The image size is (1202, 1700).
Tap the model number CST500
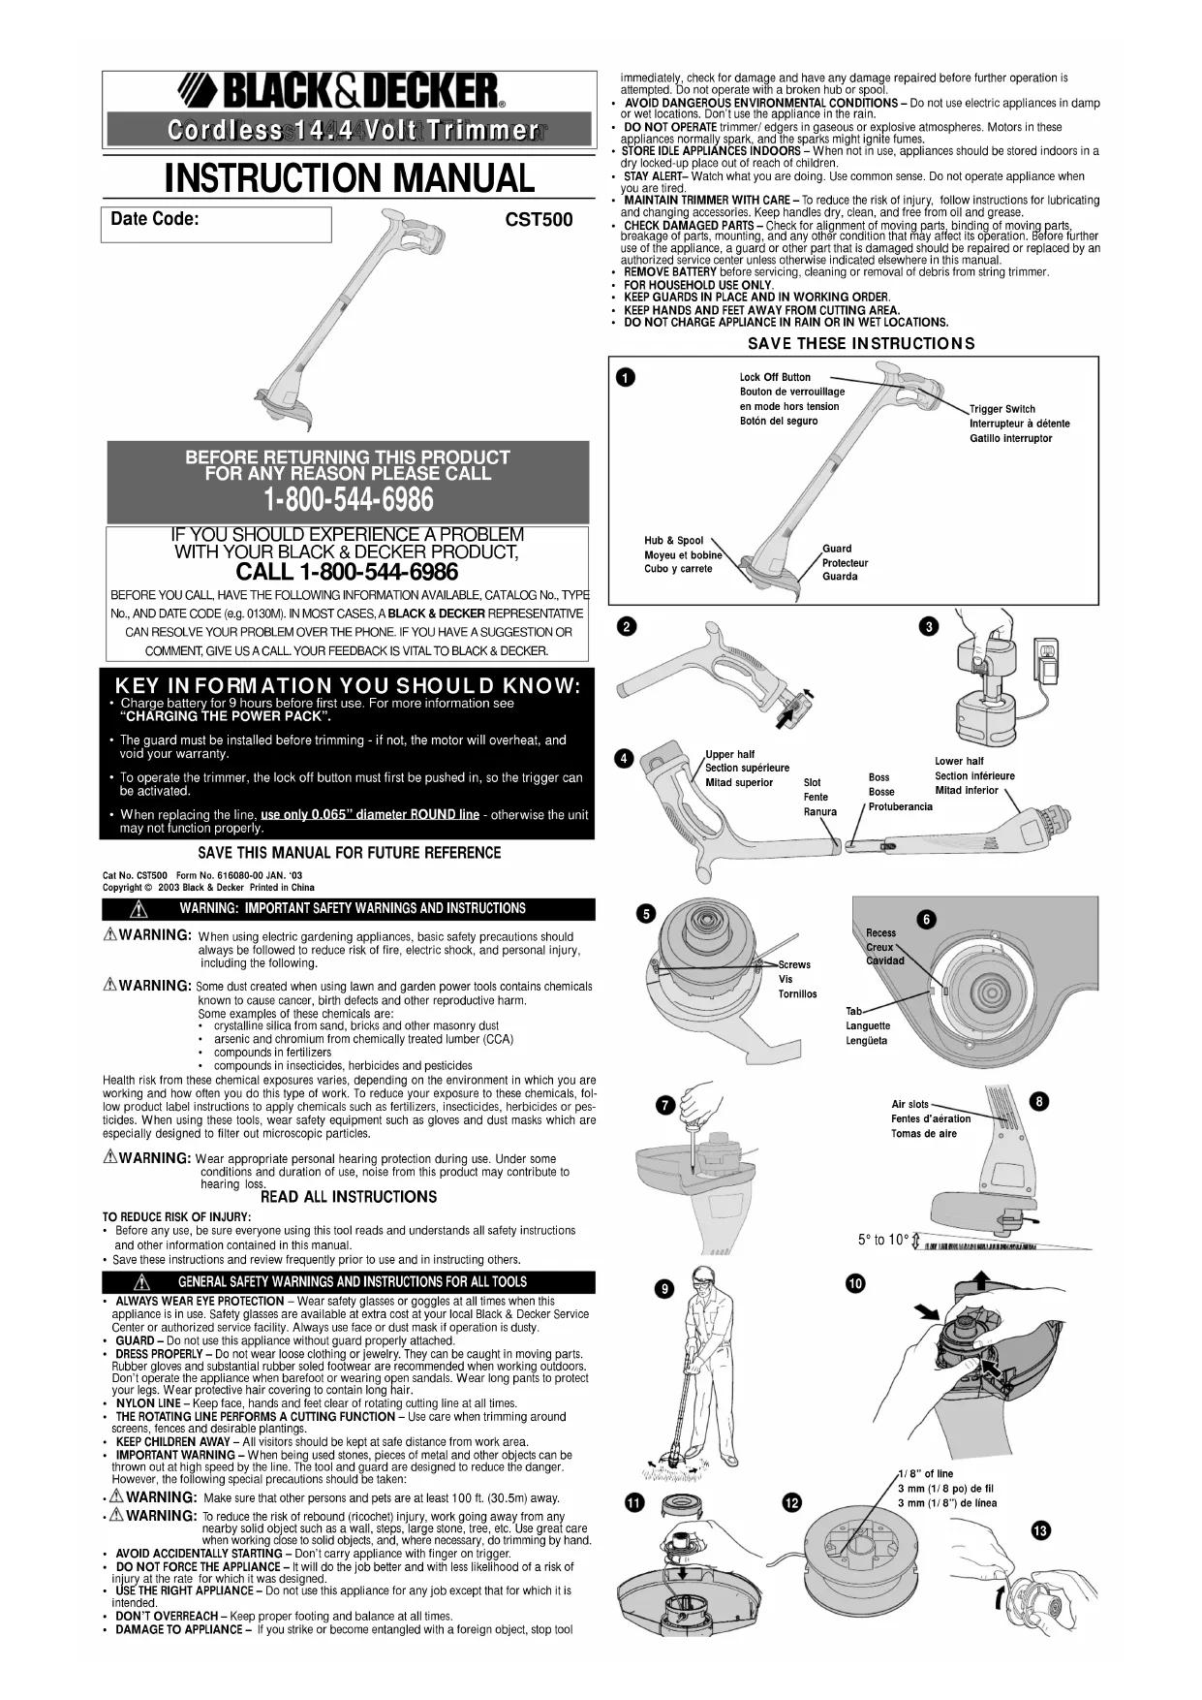pos(539,220)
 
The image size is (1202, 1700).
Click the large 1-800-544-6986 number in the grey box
pos(348,500)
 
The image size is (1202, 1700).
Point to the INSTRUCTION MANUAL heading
pos(349,178)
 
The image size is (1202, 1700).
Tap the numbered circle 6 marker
pos(926,920)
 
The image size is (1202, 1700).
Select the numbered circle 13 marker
pos(1040,1531)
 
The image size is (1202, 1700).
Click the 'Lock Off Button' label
pos(775,377)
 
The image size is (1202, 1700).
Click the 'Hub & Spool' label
pos(673,541)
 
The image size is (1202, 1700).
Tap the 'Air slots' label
pos(909,1104)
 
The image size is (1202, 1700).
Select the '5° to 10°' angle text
pos(882,1240)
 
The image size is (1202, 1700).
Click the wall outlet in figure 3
pos(1046,650)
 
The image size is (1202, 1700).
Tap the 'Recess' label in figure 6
pos(880,932)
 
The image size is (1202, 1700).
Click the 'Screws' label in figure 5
pos(794,964)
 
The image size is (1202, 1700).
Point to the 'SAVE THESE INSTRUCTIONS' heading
pos(861,343)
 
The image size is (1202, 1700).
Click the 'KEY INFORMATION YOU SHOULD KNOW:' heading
pos(348,686)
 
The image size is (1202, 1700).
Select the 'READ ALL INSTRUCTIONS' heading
pos(349,1197)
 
